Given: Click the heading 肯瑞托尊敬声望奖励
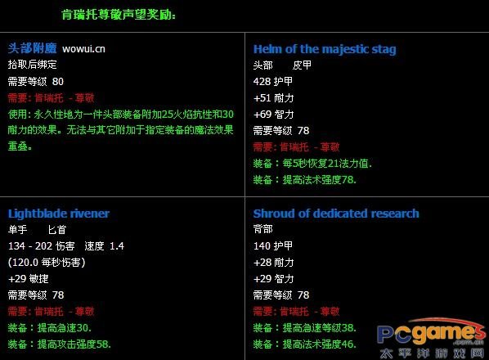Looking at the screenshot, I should click(x=118, y=15).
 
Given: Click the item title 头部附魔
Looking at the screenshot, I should click(x=31, y=48).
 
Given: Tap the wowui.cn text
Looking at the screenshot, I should click(x=83, y=49).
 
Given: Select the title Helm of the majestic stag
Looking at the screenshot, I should click(x=325, y=49).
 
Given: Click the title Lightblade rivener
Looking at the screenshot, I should click(x=59, y=214).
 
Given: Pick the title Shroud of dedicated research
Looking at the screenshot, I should click(x=336, y=214).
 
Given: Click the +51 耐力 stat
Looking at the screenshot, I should click(x=273, y=97).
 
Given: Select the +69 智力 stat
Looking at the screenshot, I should click(x=273, y=114).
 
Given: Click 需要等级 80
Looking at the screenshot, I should click(x=35, y=81).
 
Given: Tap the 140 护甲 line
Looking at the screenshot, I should click(x=273, y=246).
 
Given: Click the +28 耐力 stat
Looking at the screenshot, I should click(x=273, y=263).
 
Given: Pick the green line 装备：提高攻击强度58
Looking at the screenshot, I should click(x=59, y=344).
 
